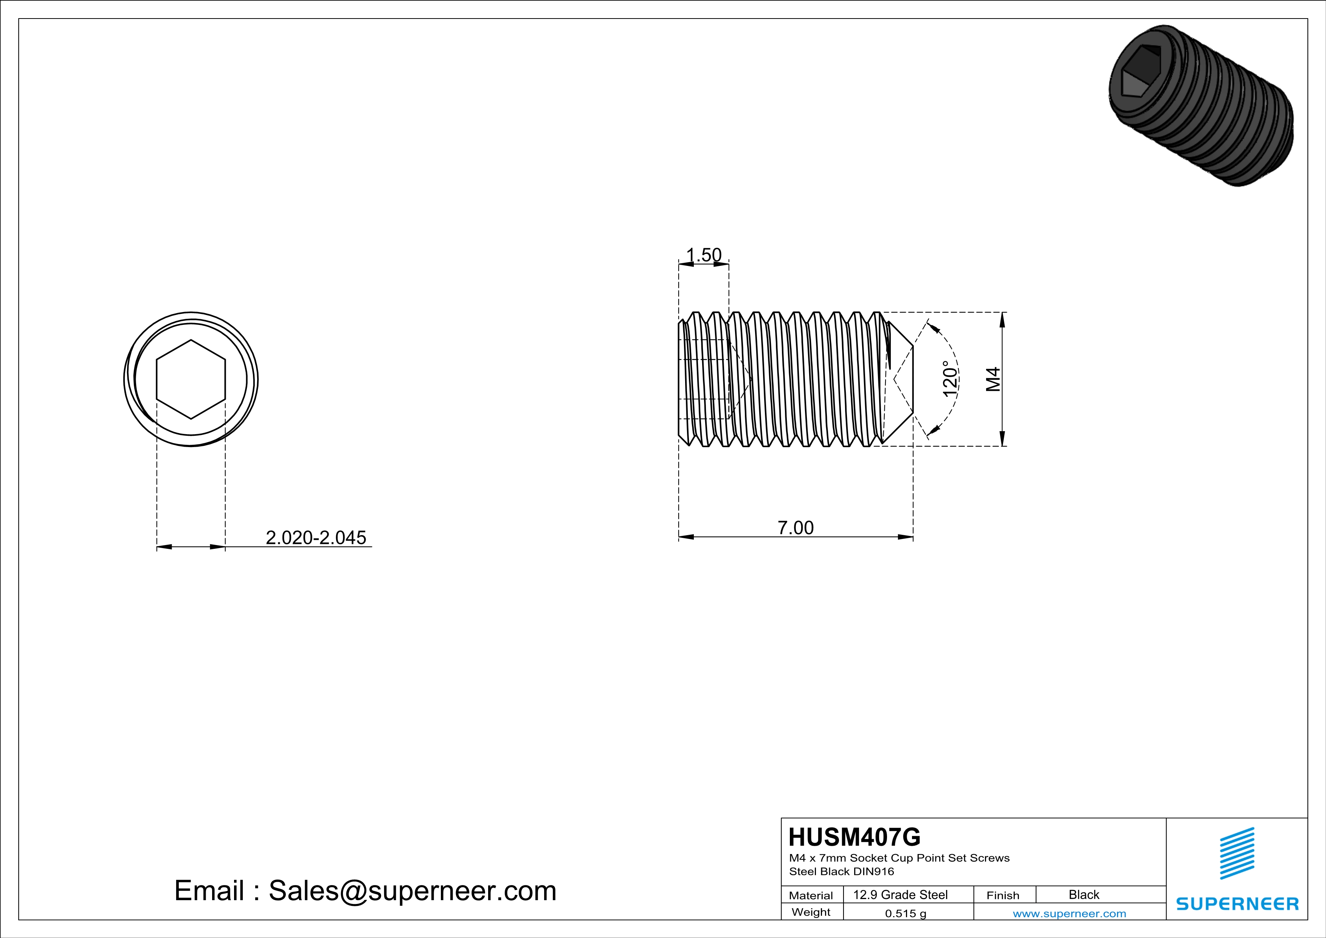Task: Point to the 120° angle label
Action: click(950, 379)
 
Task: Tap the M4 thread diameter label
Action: click(993, 379)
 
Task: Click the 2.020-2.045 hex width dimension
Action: click(316, 538)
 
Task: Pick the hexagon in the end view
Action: click(191, 379)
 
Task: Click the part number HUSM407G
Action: click(855, 837)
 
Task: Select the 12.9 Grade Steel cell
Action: click(900, 895)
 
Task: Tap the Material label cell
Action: click(811, 895)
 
